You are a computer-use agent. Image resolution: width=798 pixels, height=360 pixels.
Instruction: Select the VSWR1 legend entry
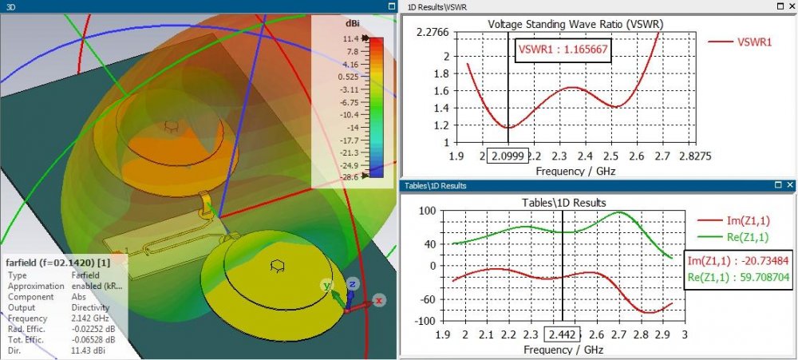click(754, 42)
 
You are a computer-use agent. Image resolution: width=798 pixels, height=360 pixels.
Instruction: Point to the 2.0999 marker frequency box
click(506, 156)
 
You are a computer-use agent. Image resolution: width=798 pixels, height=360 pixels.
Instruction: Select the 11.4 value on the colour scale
click(350, 38)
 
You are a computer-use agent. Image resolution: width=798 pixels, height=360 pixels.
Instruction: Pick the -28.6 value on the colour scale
click(350, 175)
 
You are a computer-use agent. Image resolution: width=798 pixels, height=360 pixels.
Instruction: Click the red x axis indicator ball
click(379, 300)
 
